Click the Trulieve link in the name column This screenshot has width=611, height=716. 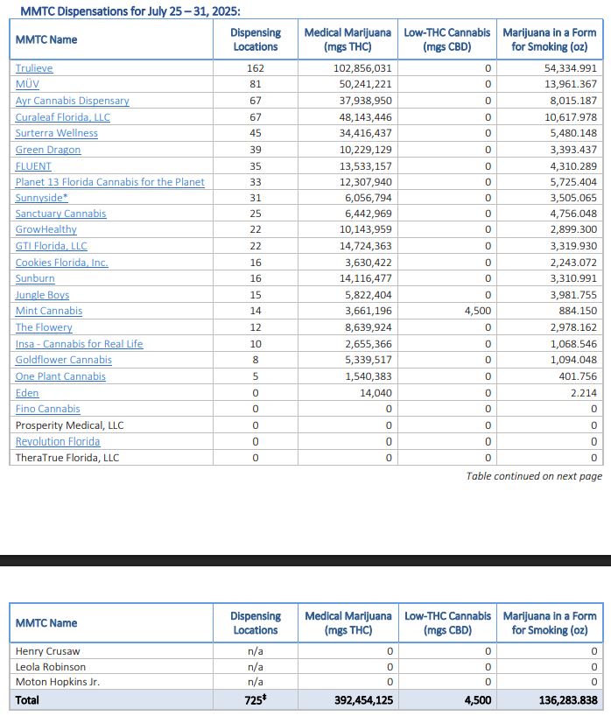coord(34,68)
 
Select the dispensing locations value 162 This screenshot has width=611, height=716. coord(256,68)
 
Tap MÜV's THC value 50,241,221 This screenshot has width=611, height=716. coord(362,84)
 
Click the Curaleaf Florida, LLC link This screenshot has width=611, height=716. coord(62,117)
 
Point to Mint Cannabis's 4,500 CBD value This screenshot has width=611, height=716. coord(471,311)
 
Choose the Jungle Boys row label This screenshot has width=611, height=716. coord(42,295)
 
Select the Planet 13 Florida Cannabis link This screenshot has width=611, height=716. coord(109,182)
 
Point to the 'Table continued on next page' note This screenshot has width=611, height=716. coord(534,476)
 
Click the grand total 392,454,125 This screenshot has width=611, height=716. coord(362,699)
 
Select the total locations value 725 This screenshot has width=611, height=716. coord(255,699)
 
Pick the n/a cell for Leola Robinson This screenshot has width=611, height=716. coord(256,667)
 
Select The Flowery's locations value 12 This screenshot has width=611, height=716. coord(256,327)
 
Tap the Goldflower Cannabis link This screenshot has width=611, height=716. coord(64,360)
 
